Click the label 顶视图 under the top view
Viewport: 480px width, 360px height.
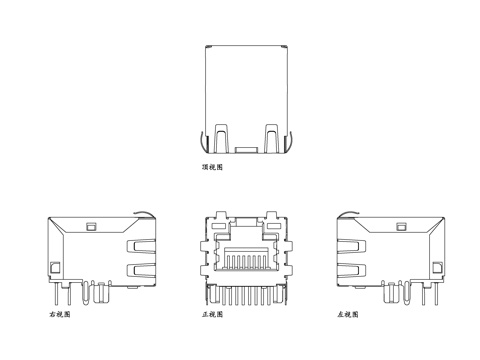click(x=212, y=167)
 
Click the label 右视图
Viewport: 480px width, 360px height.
click(x=60, y=314)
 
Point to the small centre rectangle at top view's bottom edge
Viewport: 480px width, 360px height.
click(x=245, y=151)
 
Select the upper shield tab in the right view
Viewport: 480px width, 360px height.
click(x=136, y=248)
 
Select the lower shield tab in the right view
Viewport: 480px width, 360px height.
click(x=136, y=270)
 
